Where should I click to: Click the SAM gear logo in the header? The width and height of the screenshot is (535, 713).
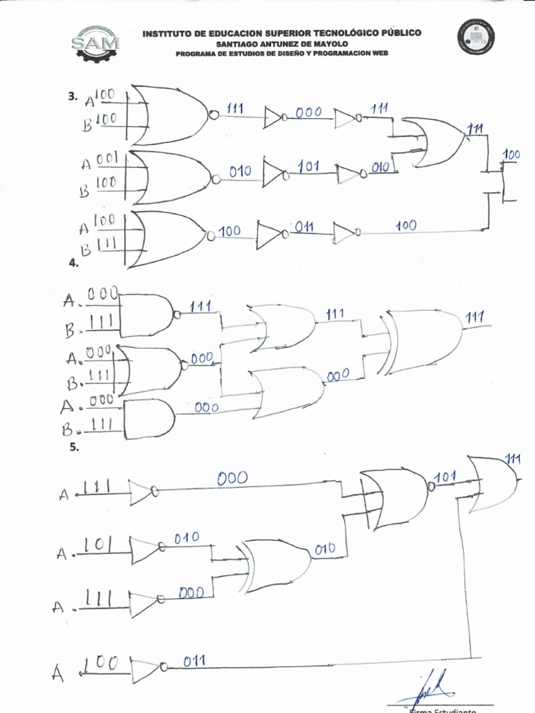(x=95, y=44)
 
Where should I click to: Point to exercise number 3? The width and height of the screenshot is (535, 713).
(x=72, y=97)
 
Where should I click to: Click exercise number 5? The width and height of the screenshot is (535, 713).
(x=74, y=448)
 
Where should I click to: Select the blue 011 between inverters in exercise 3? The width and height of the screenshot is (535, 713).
(x=304, y=226)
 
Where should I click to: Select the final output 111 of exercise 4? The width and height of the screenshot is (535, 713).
(x=474, y=318)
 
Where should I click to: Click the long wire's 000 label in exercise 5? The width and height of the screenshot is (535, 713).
(x=231, y=478)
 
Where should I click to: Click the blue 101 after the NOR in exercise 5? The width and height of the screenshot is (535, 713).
(x=445, y=477)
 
